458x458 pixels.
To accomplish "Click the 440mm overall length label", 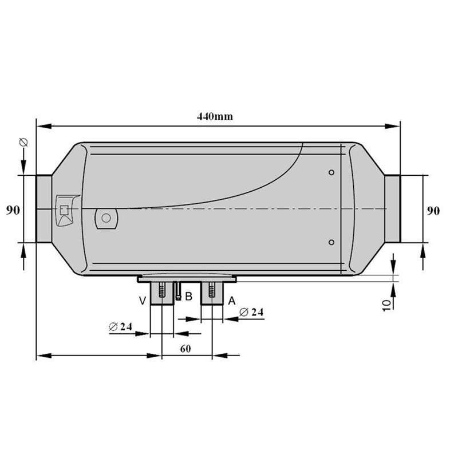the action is [x=215, y=117].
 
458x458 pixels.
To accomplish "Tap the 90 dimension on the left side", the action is [x=13, y=210].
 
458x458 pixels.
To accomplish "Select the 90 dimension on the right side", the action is [x=433, y=211].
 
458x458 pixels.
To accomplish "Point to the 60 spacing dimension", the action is [x=185, y=349].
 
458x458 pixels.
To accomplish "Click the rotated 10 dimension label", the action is [x=386, y=306].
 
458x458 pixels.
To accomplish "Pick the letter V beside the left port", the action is [x=142, y=301].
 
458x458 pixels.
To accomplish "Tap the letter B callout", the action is [x=189, y=297].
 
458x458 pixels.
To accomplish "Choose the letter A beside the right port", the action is [x=232, y=301].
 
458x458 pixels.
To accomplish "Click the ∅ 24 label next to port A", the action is [x=251, y=312].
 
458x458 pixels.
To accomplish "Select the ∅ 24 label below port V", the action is [x=120, y=326].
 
